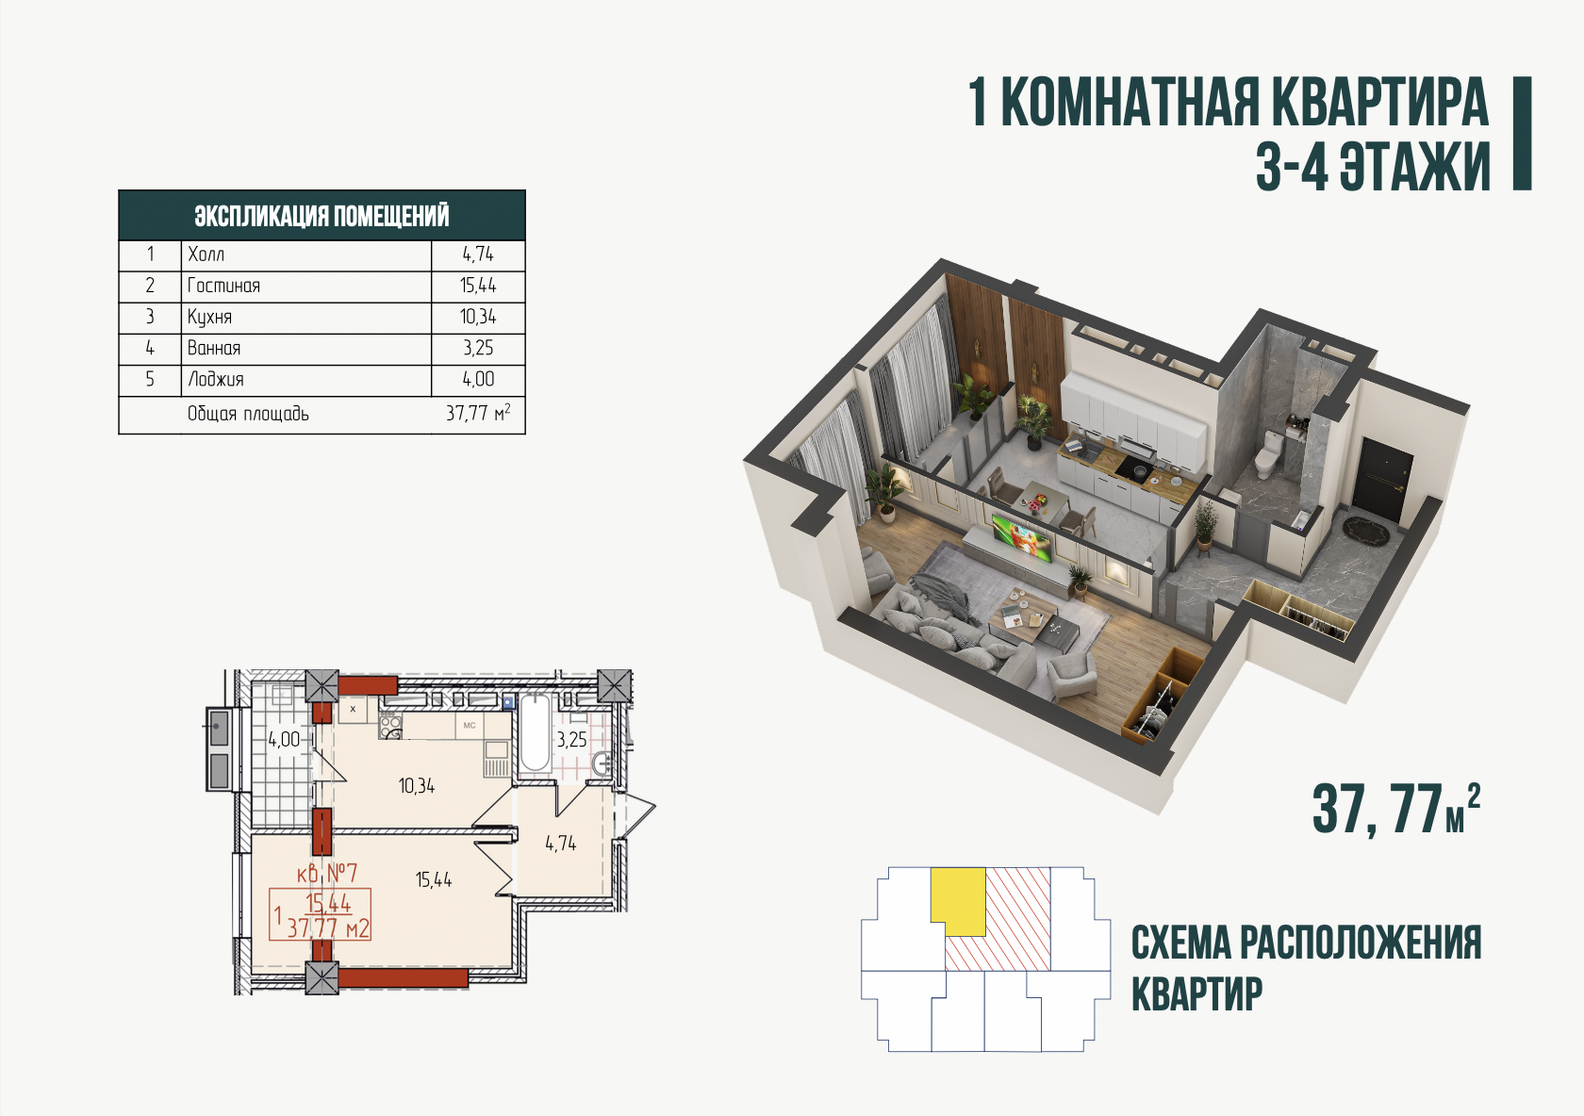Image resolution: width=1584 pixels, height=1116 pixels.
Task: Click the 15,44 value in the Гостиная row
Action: pos(478,286)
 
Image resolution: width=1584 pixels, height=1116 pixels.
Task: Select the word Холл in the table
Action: pos(206,254)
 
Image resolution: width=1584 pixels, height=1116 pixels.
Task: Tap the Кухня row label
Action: pos(209,318)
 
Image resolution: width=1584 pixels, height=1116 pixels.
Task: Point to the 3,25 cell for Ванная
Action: pos(478,349)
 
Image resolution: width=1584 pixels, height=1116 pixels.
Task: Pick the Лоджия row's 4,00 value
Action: pos(478,380)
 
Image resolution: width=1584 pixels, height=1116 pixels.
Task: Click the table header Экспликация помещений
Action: pos(322,216)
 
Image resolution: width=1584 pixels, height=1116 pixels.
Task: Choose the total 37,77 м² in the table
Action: pos(478,412)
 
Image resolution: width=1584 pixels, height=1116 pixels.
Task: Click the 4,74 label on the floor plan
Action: pos(561,844)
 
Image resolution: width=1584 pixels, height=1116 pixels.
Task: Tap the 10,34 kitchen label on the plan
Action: pos(417,786)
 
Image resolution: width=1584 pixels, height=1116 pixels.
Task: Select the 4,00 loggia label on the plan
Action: pos(284,739)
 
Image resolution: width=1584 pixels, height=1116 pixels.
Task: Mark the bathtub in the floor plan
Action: pos(536,733)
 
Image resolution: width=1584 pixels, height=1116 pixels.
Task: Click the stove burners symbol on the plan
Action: pos(390,725)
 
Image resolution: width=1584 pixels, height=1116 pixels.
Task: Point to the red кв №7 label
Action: pos(327,874)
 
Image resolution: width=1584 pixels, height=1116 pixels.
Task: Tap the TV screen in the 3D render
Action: pos(1022,538)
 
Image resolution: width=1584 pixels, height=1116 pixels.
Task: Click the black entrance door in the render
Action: pos(1382,481)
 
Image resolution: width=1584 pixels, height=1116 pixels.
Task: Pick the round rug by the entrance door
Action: pos(1365,531)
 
